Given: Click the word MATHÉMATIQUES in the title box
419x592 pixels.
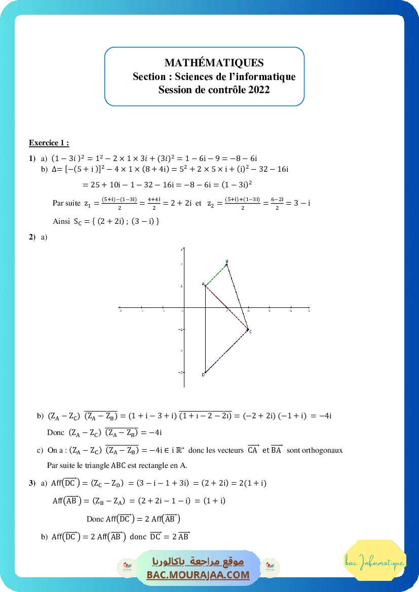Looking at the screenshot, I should click(214, 63).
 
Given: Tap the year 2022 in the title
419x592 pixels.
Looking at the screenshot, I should click(259, 90).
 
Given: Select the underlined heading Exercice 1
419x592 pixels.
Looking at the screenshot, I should click(49, 143).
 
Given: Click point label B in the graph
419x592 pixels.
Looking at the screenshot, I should click(227, 261).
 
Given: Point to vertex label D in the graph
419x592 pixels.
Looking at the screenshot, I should click(203, 375).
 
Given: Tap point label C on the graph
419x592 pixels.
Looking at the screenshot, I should click(250, 331).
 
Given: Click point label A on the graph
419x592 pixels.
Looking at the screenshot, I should click(203, 284).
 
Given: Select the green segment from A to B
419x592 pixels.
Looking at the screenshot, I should click(216, 275).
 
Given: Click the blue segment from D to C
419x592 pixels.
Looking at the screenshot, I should click(226, 351).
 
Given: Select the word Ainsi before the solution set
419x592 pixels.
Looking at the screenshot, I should click(61, 221).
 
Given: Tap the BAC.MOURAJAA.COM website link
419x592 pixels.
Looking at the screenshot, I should click(198, 575).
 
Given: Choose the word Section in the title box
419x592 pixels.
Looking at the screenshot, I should click(149, 76).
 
